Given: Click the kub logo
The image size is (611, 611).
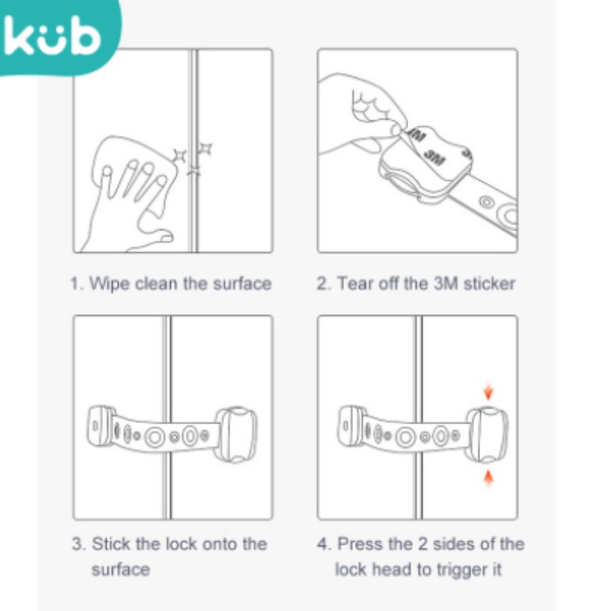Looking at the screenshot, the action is [x=52, y=36].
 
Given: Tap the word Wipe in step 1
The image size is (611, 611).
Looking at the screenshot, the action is [x=109, y=284].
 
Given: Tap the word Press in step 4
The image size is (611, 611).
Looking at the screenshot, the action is [x=360, y=544].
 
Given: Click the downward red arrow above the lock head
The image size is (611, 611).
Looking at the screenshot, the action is [x=488, y=392].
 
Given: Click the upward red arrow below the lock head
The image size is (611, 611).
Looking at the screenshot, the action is [x=488, y=478].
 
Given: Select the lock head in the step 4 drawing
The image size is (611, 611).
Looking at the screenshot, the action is [x=487, y=435].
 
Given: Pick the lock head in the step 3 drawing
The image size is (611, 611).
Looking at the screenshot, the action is [x=237, y=435].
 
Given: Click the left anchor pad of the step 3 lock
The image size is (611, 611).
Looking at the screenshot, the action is [x=100, y=426].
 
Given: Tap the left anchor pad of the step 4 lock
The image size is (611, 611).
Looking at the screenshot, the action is [x=351, y=426].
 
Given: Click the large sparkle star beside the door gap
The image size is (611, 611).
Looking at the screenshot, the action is [x=180, y=156].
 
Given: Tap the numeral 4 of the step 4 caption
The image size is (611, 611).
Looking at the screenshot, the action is [x=322, y=544].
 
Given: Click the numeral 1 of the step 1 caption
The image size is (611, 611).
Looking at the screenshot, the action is [x=75, y=284].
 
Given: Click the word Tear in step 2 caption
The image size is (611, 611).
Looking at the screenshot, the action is [x=355, y=284].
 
